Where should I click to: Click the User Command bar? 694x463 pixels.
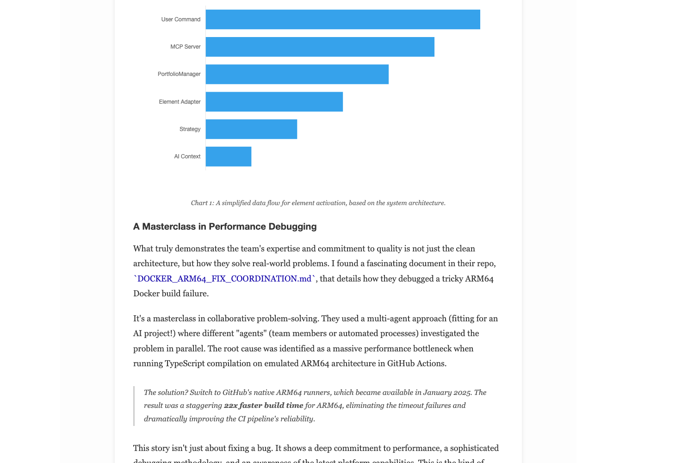[x=343, y=19]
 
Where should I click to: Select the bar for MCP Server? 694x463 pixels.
[x=320, y=47]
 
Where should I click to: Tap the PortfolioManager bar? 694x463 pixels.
[x=297, y=74]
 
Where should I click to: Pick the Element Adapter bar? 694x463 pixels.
[x=274, y=102]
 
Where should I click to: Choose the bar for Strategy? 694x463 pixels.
[x=251, y=129]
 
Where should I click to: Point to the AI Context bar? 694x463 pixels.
[x=229, y=156]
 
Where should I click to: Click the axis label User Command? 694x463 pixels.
[x=180, y=19]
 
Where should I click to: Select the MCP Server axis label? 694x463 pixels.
[x=185, y=47]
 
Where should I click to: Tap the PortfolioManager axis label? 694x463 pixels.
[x=179, y=74]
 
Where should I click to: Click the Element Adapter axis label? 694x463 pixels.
[x=180, y=102]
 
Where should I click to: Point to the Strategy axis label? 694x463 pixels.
[x=190, y=129]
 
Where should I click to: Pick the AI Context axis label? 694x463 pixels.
[x=187, y=156]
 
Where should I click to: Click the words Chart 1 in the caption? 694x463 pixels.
[x=202, y=203]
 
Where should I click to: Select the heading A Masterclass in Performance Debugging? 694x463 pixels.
[x=225, y=226]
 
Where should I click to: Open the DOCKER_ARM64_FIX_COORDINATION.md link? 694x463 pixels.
[x=224, y=279]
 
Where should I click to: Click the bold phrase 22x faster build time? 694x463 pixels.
[x=263, y=406]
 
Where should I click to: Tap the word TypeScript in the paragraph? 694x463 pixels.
[x=185, y=363]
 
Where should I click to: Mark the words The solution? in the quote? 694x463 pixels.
[x=166, y=393]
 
